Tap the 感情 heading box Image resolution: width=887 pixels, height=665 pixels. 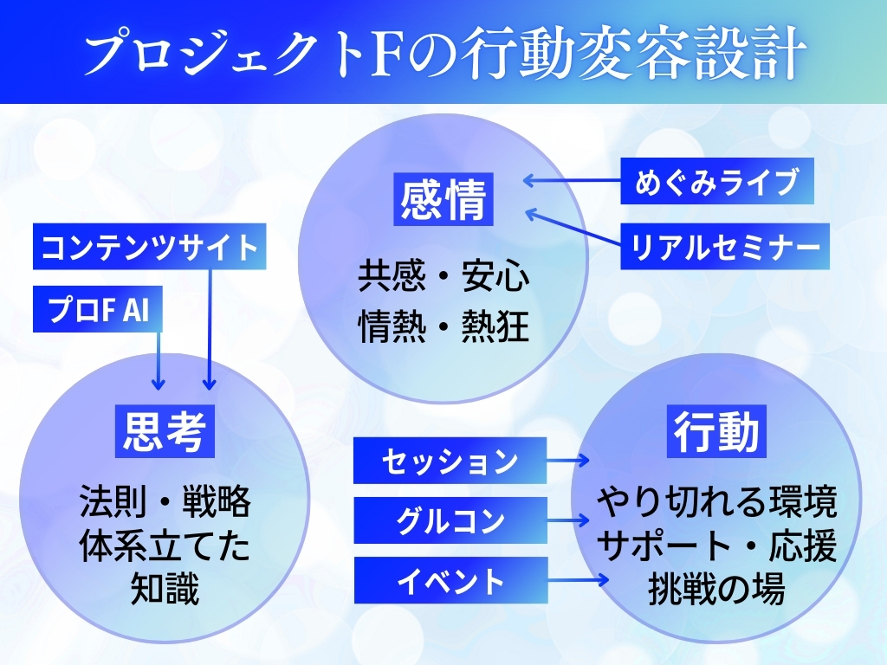443,199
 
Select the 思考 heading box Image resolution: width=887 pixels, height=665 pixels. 165,430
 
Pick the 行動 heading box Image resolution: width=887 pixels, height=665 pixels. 716,430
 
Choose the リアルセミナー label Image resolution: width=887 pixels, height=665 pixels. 725,247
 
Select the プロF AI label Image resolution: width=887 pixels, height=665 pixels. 98,310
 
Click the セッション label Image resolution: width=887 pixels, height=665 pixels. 450,461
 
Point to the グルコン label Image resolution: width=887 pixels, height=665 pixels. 450,520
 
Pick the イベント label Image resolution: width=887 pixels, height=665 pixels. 450,580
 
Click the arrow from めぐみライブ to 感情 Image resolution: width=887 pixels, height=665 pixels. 572,181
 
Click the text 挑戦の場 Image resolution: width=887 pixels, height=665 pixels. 716,591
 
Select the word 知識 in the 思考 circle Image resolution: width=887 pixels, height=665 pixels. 165,591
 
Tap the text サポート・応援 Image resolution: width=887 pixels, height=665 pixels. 716,546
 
